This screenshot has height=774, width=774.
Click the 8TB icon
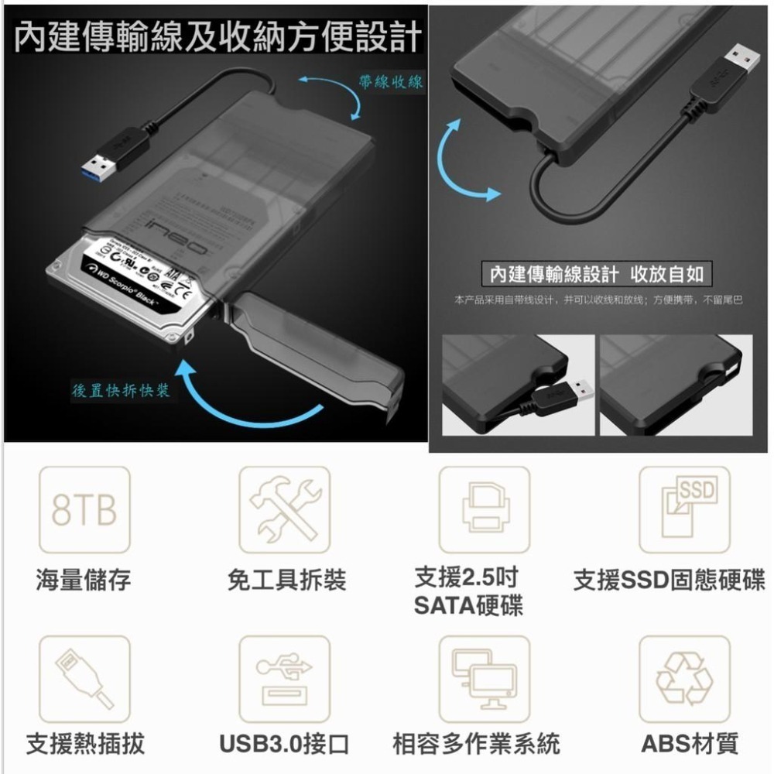pyautogui.click(x=85, y=509)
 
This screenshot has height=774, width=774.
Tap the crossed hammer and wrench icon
pyautogui.click(x=284, y=509)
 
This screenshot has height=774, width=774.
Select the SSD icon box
pyautogui.click(x=684, y=509)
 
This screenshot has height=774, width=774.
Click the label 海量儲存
pyautogui.click(x=84, y=580)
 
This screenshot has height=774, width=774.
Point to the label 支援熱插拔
pyautogui.click(x=85, y=745)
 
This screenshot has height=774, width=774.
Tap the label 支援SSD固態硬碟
pyautogui.click(x=669, y=580)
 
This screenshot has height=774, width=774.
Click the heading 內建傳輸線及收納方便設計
pyautogui.click(x=218, y=36)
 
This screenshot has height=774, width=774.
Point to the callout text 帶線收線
pyautogui.click(x=391, y=81)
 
